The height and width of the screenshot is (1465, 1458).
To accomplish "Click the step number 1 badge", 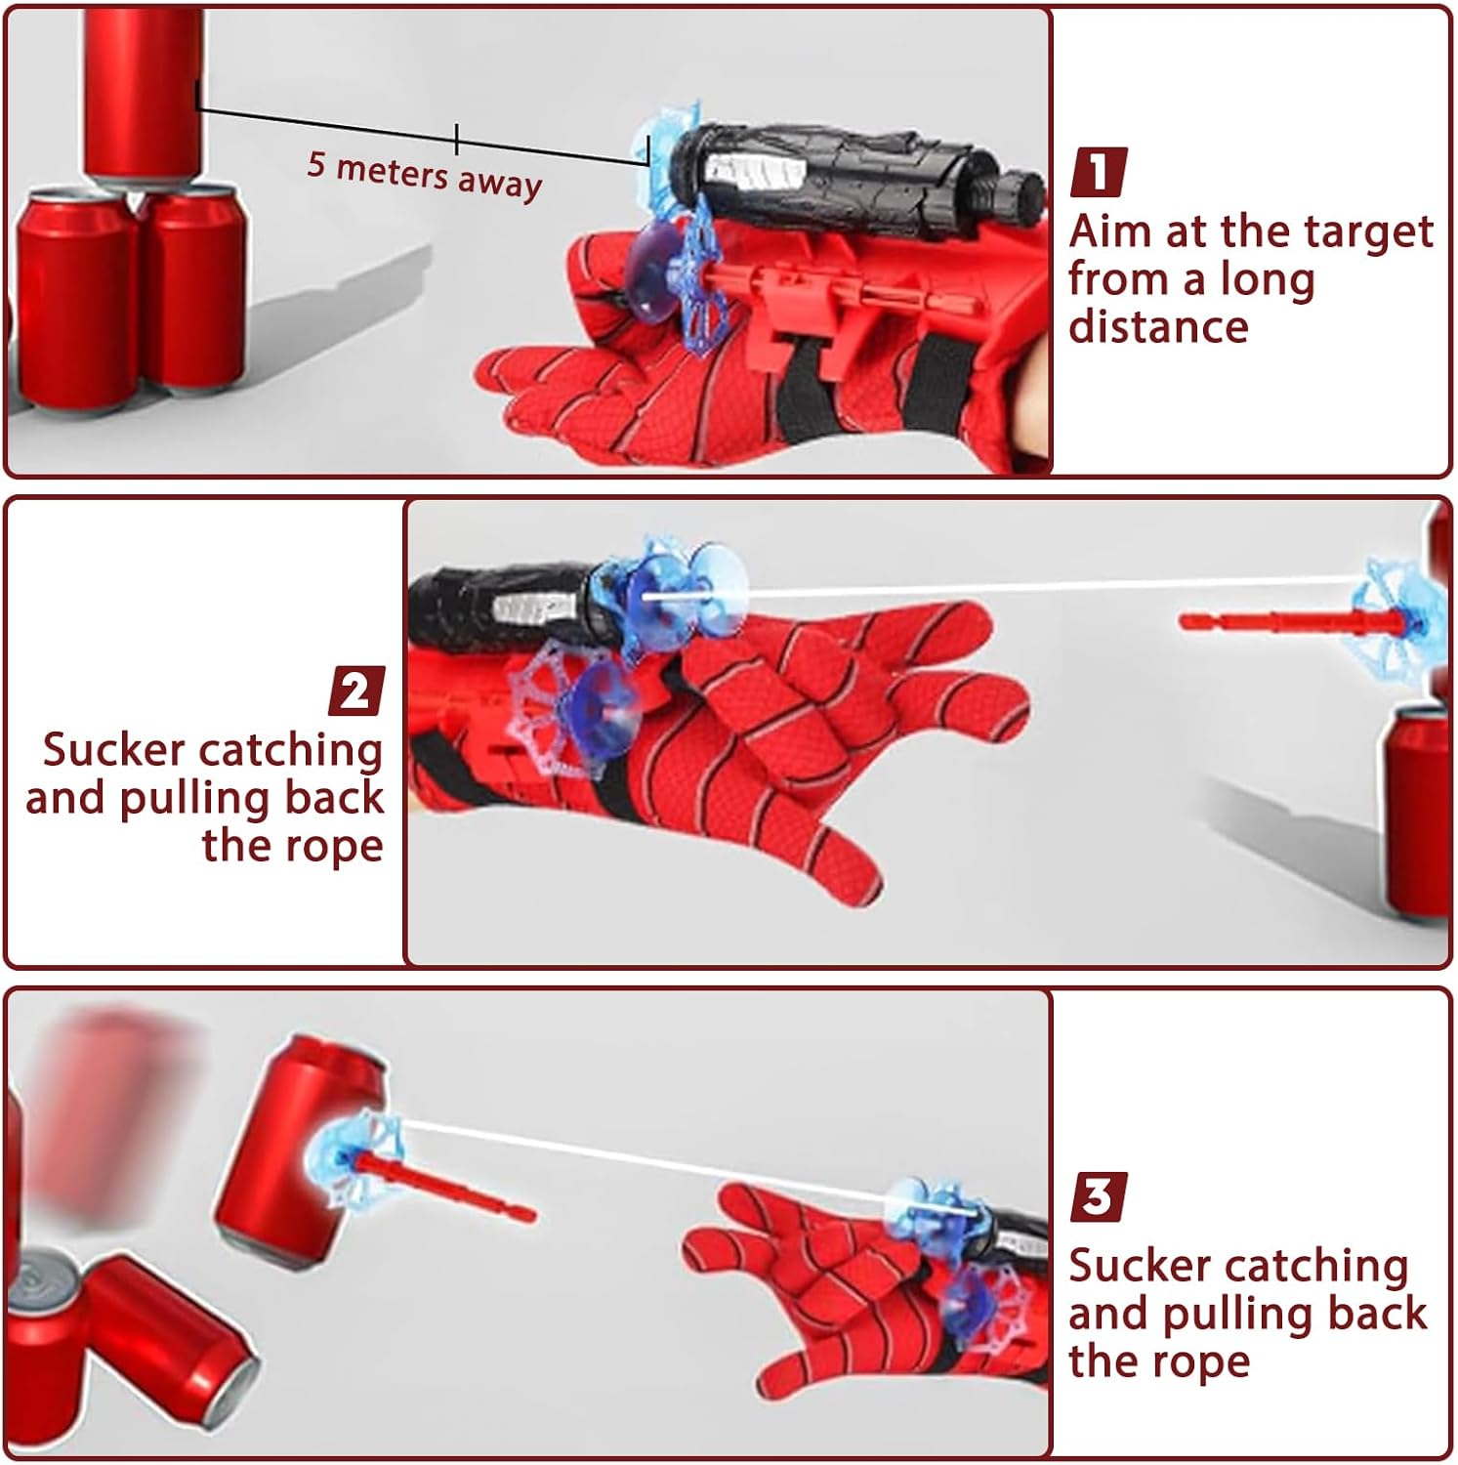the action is [x=1099, y=172].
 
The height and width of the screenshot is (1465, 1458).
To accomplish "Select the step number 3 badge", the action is [x=1099, y=1197].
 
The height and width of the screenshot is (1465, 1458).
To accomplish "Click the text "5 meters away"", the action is [x=424, y=175].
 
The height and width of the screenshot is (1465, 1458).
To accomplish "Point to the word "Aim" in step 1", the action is [x=1104, y=232].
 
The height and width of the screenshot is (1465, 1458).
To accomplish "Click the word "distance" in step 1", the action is [x=1158, y=326].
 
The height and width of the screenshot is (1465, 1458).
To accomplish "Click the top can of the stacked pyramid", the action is [x=143, y=93].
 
